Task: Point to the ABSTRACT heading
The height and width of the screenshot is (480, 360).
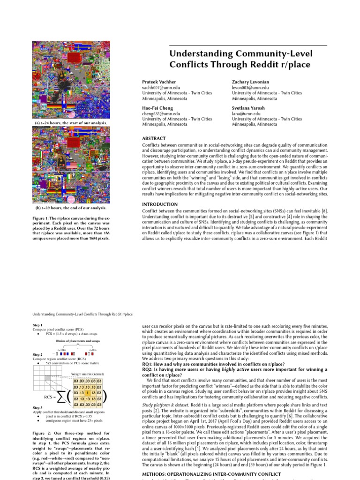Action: pyautogui.click(x=154, y=139)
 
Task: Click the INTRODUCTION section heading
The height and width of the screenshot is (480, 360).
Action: pyautogui.click(x=159, y=204)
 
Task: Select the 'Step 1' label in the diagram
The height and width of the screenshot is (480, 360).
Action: pyautogui.click(x=38, y=325)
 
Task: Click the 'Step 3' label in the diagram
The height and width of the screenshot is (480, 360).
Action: pyautogui.click(x=38, y=408)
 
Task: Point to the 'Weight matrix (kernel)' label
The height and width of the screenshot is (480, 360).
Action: pyautogui.click(x=89, y=374)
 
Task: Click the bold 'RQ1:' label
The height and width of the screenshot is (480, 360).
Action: pyautogui.click(x=149, y=363)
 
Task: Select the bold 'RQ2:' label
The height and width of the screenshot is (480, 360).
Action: pyautogui.click(x=149, y=369)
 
